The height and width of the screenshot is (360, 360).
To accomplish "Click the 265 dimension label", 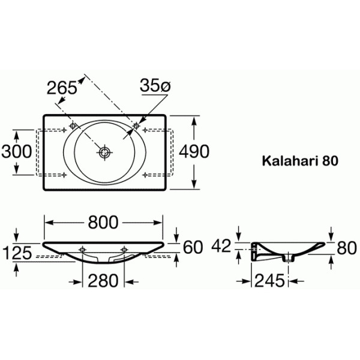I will (x=62, y=87).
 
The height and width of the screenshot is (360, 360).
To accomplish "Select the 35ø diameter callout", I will (x=155, y=86).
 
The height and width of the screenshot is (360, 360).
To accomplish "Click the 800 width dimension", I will (x=103, y=222).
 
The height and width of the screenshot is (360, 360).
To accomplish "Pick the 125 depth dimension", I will (x=16, y=253).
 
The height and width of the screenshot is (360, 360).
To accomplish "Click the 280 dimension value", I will (x=103, y=280).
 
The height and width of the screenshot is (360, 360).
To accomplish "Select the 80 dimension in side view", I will (x=346, y=247).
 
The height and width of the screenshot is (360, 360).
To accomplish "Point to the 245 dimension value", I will (x=270, y=280).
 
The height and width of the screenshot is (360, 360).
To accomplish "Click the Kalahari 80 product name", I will (x=300, y=161).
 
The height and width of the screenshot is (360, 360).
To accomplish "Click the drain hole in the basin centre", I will (x=105, y=152).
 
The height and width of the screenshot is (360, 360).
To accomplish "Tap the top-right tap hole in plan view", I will (x=137, y=126).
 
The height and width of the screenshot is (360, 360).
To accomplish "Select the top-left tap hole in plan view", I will (x=73, y=126).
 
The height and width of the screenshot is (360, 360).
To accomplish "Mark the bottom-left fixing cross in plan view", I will (x=64, y=175).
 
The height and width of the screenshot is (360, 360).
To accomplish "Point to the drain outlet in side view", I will (x=290, y=259).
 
